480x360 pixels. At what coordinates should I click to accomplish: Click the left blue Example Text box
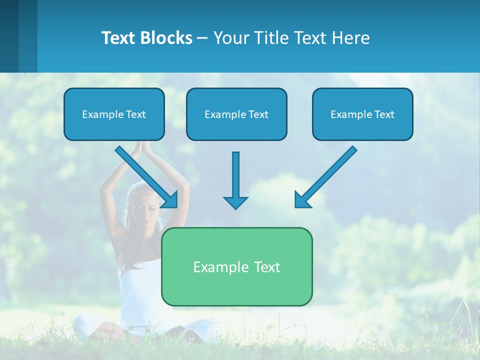coord(114,114)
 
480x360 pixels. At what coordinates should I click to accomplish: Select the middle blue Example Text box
coord(236,114)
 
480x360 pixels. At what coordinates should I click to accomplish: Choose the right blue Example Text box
coord(362,114)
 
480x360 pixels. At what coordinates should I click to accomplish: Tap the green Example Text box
coord(236,266)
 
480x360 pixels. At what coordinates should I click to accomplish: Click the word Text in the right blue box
coord(384,114)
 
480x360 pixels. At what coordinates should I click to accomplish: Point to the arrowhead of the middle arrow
coord(235,202)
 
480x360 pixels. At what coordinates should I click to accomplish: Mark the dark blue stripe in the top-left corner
coord(9,36)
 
